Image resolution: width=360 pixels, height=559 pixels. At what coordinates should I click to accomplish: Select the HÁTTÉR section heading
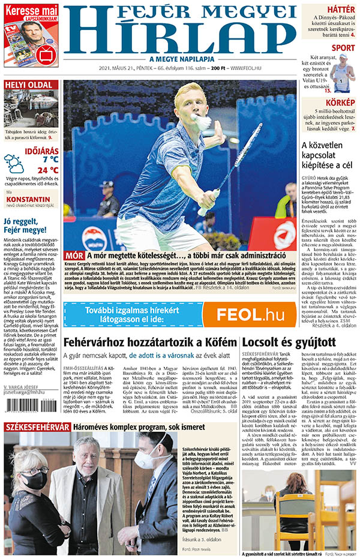[x=340, y=9]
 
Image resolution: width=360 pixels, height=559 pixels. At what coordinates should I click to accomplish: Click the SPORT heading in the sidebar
[x=343, y=48]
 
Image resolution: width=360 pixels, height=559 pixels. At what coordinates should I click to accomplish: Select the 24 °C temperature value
[x=47, y=170]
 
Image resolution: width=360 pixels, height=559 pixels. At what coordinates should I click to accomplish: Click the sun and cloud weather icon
[x=14, y=163]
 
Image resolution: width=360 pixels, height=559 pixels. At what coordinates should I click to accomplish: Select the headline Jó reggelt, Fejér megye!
[x=29, y=226]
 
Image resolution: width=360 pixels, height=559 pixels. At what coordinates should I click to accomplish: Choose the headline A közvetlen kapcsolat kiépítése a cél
[x=328, y=155]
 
